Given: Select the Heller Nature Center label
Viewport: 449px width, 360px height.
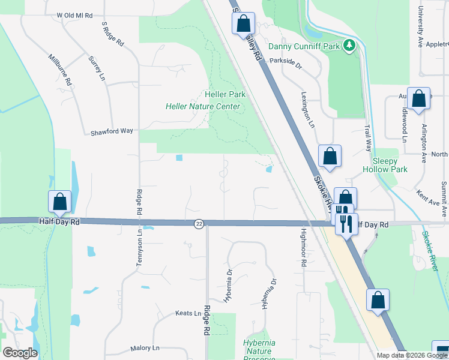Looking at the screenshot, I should (203, 107).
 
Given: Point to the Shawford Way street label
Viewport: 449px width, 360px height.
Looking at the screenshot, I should (112, 132).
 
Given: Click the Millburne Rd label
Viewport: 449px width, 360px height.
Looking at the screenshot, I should (61, 71).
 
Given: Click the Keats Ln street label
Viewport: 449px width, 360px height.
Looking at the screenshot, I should (188, 313).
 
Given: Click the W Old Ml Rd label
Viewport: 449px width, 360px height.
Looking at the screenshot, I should (75, 14).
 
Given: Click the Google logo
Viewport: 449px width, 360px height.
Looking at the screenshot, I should (20, 352).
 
